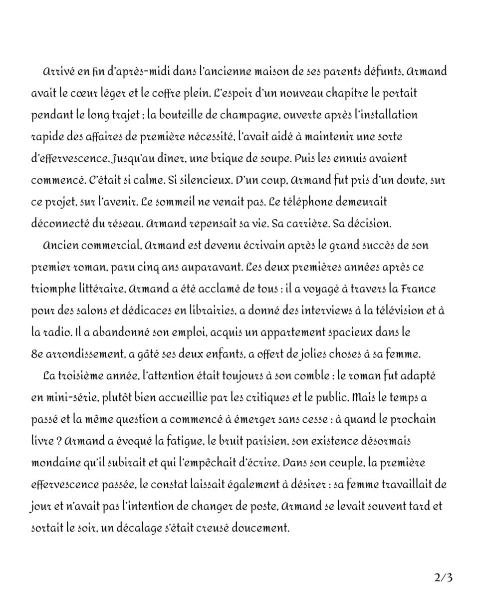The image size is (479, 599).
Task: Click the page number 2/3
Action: click(x=444, y=578)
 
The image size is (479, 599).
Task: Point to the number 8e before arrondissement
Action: click(x=37, y=354)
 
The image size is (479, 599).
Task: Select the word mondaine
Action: click(x=53, y=462)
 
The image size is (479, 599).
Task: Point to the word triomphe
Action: click(x=51, y=289)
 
